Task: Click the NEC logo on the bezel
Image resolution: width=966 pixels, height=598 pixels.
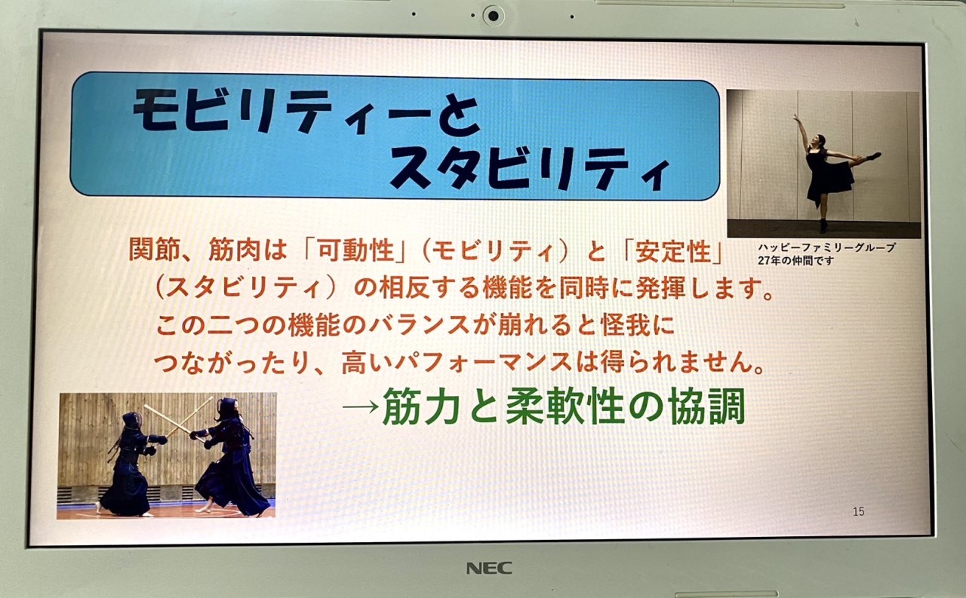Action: click(489, 568)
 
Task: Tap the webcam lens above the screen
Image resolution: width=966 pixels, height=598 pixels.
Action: click(494, 16)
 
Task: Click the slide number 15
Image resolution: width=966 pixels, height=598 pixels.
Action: click(859, 511)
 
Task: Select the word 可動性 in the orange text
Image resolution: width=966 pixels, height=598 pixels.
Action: click(356, 250)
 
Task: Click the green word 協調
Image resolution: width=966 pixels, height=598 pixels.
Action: click(707, 406)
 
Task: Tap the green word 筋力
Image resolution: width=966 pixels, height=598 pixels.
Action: click(420, 406)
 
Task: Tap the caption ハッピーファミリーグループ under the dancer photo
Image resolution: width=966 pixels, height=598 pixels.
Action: click(826, 247)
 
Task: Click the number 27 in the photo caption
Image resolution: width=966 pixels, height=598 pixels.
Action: click(764, 261)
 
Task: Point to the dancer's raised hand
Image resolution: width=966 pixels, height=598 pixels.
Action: click(795, 116)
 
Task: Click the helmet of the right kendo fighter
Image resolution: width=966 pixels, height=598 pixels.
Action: click(228, 408)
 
